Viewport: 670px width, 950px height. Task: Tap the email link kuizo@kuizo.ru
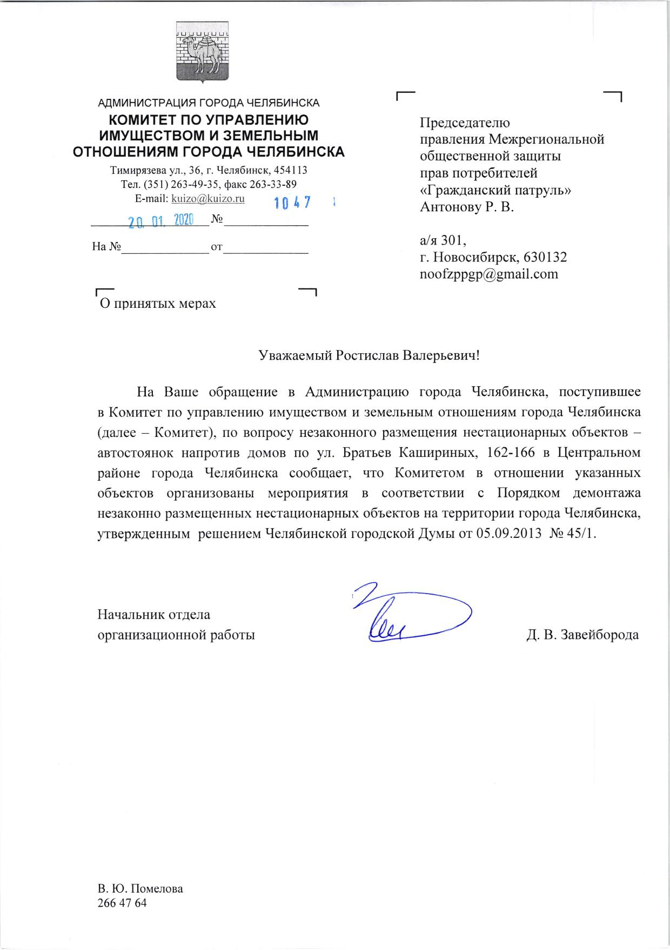point(208,199)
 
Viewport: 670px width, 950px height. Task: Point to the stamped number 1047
point(292,203)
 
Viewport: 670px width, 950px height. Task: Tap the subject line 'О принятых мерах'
point(157,304)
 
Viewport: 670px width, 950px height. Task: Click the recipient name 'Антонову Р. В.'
point(466,207)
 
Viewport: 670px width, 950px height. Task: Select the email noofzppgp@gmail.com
point(488,274)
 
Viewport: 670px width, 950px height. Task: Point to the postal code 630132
point(545,258)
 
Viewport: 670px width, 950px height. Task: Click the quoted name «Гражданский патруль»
point(495,190)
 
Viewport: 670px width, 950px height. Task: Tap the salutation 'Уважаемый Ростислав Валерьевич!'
point(369,356)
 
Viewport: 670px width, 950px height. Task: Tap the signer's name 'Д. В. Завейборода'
point(582,635)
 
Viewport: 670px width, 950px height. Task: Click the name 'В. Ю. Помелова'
point(140,890)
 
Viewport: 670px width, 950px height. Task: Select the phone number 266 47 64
point(122,904)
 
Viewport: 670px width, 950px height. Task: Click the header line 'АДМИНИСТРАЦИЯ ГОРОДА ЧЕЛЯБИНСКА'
point(209,103)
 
